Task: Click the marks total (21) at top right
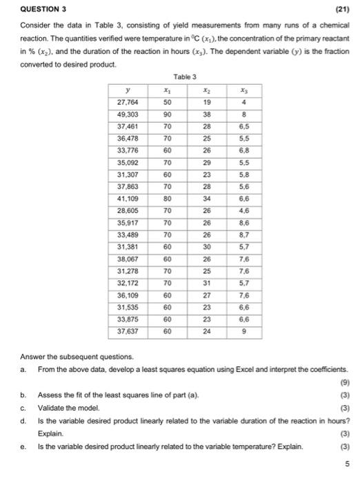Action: coord(341,9)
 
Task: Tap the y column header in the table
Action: coord(128,89)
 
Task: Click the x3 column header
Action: coord(242,89)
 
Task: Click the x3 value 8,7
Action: coord(242,235)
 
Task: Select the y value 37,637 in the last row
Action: coord(128,331)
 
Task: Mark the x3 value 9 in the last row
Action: coord(242,331)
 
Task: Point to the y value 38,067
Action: coord(128,259)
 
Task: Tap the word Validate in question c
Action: coord(51,408)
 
